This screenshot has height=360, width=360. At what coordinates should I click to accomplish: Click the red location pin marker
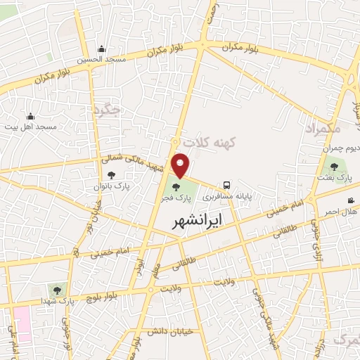coord(181,165)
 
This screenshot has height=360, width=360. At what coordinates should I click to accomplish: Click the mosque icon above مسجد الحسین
coord(102,49)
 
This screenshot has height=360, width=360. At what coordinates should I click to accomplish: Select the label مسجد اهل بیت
coord(30,127)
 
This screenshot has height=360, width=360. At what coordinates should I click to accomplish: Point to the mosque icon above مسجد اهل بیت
coord(30,116)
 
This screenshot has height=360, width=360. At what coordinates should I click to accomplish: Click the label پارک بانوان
coord(112,186)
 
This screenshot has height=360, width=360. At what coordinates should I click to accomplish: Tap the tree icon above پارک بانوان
coord(112,175)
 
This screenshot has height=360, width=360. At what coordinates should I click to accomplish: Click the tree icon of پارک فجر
coord(174,187)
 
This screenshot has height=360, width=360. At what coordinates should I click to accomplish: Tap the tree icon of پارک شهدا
coord(57,289)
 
